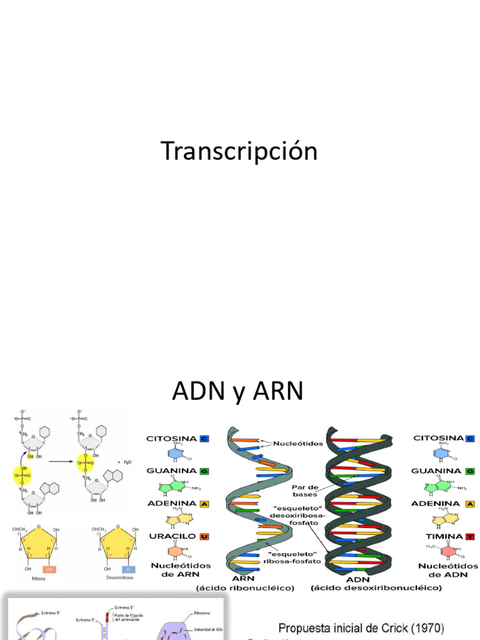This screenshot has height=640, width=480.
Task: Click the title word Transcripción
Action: (x=239, y=152)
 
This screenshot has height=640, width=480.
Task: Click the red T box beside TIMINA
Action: (x=469, y=536)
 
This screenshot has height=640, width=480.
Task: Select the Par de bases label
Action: (x=304, y=490)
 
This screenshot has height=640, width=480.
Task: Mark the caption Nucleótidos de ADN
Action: (x=447, y=569)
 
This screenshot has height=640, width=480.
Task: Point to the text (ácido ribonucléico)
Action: (x=245, y=588)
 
